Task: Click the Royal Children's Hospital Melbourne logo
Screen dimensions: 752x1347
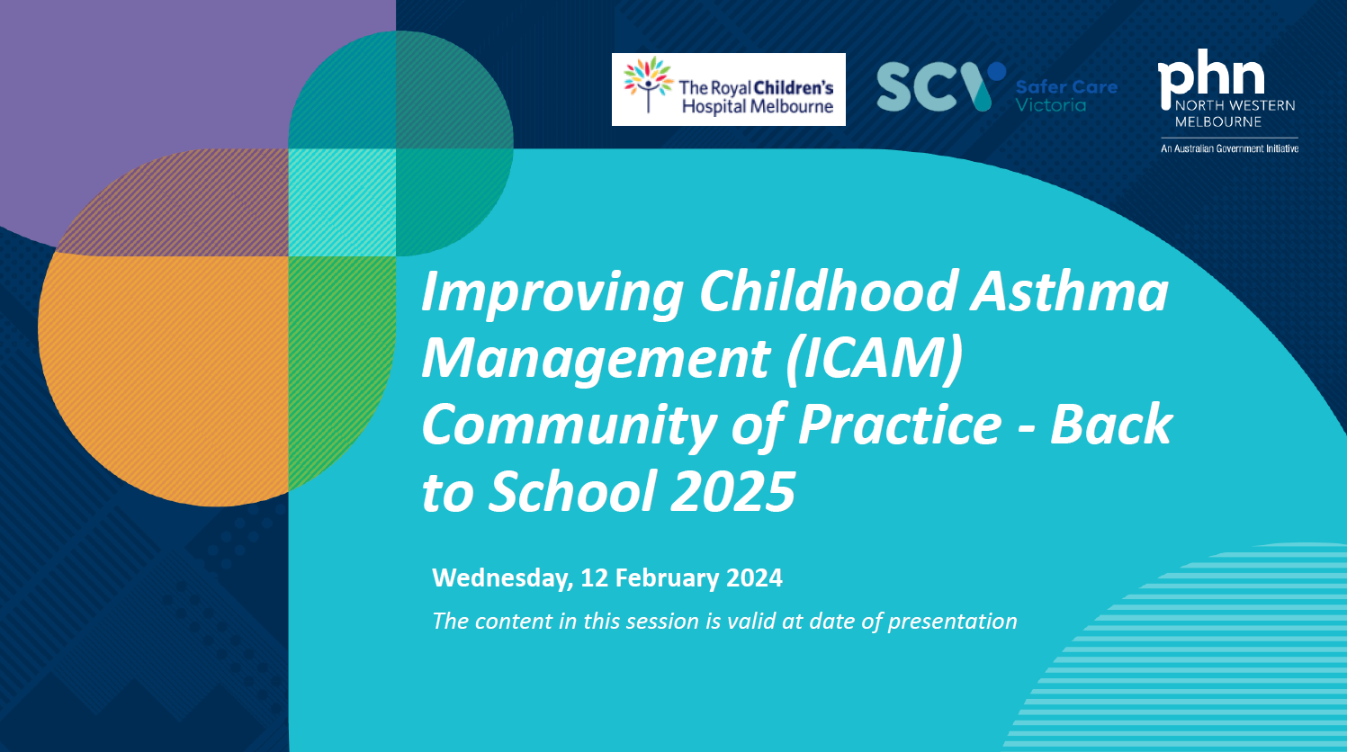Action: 728,89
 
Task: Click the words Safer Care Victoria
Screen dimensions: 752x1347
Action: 1065,96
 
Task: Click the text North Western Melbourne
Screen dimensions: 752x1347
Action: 1234,113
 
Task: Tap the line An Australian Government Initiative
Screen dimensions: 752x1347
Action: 1229,148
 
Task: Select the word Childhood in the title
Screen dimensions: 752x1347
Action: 828,291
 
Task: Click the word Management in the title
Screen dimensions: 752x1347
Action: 595,359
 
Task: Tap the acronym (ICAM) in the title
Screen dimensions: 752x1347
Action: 874,358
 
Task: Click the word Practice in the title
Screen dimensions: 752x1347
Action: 899,425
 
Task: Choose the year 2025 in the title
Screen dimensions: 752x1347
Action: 733,492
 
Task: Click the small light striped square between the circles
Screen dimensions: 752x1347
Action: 342,202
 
